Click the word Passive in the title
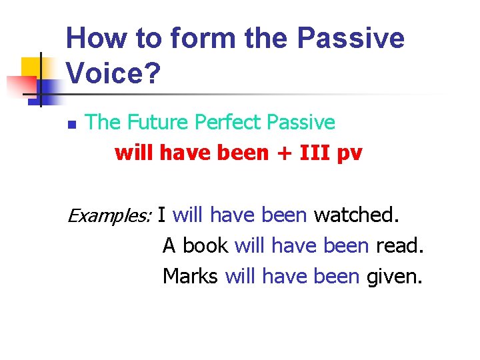(350, 38)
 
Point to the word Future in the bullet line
(157, 122)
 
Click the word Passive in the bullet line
(301, 122)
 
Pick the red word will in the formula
(133, 153)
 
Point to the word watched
(357, 215)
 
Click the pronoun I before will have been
(162, 215)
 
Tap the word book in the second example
(206, 245)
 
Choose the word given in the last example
(395, 275)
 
